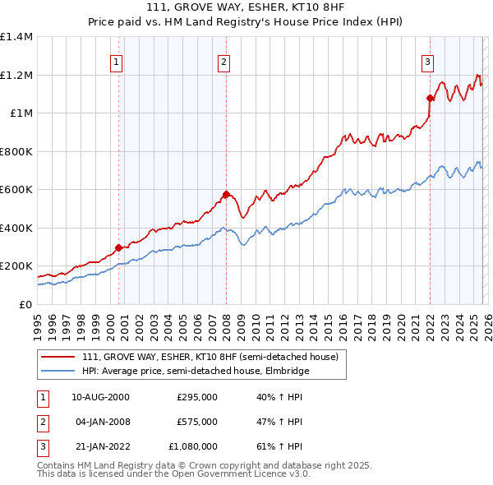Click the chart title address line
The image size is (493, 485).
point(246,8)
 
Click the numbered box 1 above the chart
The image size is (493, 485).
point(116,61)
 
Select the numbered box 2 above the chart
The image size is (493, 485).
point(223,61)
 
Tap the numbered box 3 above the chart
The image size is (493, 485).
point(428,61)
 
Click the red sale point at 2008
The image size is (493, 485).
point(226,195)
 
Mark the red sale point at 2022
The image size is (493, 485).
point(430,98)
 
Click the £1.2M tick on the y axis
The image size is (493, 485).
point(16,75)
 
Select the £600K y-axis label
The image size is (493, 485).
point(16,189)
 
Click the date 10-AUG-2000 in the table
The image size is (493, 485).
point(100,397)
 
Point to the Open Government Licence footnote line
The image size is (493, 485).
point(173,474)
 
